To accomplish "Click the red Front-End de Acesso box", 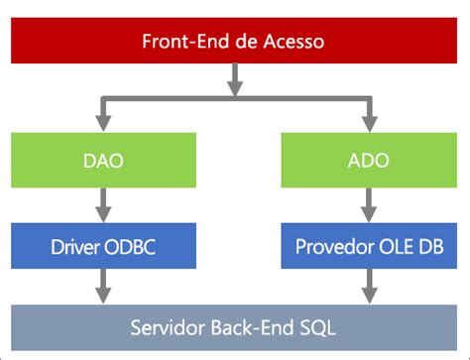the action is pos(234,41).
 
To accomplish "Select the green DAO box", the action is pos(103,160).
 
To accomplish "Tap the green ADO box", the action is pos(369,160).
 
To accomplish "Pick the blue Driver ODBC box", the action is pos(103,246).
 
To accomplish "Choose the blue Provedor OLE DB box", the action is pos(369,246).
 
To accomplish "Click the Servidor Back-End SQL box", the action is pos(234,327).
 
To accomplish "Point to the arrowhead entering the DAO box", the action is pos(103,124).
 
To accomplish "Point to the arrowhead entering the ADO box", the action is pos(370,124).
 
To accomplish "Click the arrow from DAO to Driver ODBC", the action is pos(103,205).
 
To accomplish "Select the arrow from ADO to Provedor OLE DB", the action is pos(369,205).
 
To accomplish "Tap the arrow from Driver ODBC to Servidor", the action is pos(103,287).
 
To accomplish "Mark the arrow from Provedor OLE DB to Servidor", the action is pos(370,287).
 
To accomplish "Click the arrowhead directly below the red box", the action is pos(235,87).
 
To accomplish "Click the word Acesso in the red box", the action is pos(294,42).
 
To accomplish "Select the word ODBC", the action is pos(130,247).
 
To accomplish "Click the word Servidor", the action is pos(168,328).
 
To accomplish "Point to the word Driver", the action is pos(75,247).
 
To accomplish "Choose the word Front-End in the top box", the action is pos(186,42).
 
